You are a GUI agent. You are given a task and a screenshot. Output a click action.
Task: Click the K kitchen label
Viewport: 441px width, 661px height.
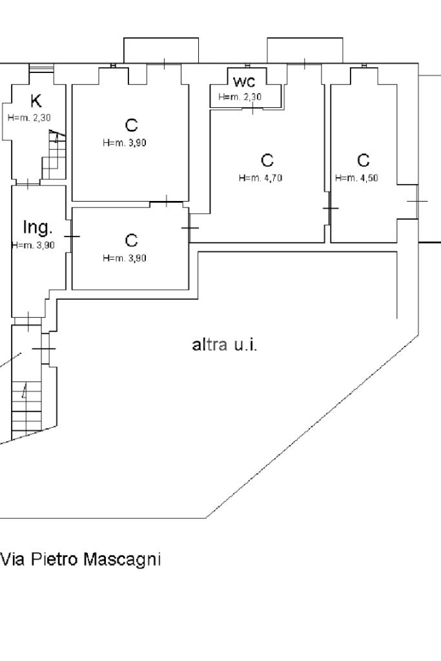[36, 101]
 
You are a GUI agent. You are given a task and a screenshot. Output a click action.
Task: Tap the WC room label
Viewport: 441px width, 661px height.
[244, 82]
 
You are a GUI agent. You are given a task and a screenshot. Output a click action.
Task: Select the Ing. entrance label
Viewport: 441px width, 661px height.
[37, 227]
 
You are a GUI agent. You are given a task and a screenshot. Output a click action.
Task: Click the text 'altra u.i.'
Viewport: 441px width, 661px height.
[225, 344]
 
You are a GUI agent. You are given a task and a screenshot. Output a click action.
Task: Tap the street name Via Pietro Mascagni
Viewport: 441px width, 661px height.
[81, 559]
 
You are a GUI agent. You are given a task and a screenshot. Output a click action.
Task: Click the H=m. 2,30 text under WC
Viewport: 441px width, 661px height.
[240, 98]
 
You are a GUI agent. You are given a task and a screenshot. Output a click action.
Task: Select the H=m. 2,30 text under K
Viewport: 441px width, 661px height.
[28, 118]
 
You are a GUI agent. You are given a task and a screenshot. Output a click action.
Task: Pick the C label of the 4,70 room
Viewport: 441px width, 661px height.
[266, 160]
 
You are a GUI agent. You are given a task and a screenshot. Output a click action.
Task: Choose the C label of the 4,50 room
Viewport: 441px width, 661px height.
[363, 160]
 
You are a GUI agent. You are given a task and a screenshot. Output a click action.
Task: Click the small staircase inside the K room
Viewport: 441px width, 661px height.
[55, 155]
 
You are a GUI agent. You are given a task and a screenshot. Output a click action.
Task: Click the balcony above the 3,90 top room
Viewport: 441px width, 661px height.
[161, 50]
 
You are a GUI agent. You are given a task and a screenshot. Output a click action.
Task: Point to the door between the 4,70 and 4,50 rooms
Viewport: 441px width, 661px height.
[331, 209]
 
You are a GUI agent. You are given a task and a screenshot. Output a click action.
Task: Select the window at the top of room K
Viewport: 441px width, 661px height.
[41, 68]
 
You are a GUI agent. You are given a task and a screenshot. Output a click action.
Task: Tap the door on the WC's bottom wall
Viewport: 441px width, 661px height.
[252, 108]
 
